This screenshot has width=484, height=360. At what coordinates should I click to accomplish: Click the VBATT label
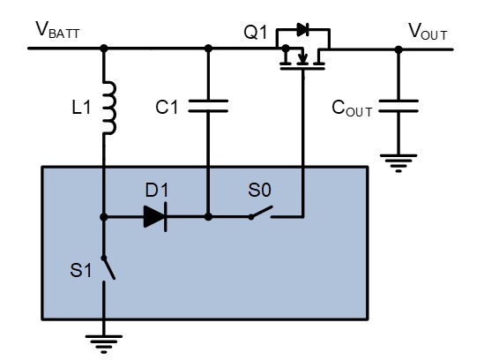click(57, 30)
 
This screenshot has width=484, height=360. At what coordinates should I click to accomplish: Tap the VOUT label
click(428, 31)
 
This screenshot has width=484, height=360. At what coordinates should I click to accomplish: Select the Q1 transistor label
click(256, 32)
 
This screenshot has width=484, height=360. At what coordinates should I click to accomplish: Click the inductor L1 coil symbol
click(110, 108)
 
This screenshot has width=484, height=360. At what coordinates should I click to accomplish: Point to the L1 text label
click(81, 108)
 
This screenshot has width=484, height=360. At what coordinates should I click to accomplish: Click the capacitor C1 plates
click(208, 106)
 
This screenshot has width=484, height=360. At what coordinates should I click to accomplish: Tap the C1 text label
click(167, 108)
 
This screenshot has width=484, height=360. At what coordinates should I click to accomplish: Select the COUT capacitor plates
click(398, 106)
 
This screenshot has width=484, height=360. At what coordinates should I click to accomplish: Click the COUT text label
click(352, 109)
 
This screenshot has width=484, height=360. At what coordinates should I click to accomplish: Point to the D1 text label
click(157, 190)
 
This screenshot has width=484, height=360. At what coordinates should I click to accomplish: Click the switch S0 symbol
click(261, 214)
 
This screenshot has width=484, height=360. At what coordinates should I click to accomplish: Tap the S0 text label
click(259, 190)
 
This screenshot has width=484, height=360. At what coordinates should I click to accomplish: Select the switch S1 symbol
click(108, 267)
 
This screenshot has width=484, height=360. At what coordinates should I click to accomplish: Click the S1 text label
click(81, 270)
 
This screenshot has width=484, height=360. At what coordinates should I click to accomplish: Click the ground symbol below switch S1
click(104, 343)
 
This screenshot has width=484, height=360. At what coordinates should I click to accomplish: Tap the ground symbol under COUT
click(398, 163)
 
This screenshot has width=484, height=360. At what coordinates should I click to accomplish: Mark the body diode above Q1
click(302, 30)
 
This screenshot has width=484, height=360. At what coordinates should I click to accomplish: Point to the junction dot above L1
click(104, 49)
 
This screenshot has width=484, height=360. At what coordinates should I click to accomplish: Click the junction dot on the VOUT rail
click(398, 49)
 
